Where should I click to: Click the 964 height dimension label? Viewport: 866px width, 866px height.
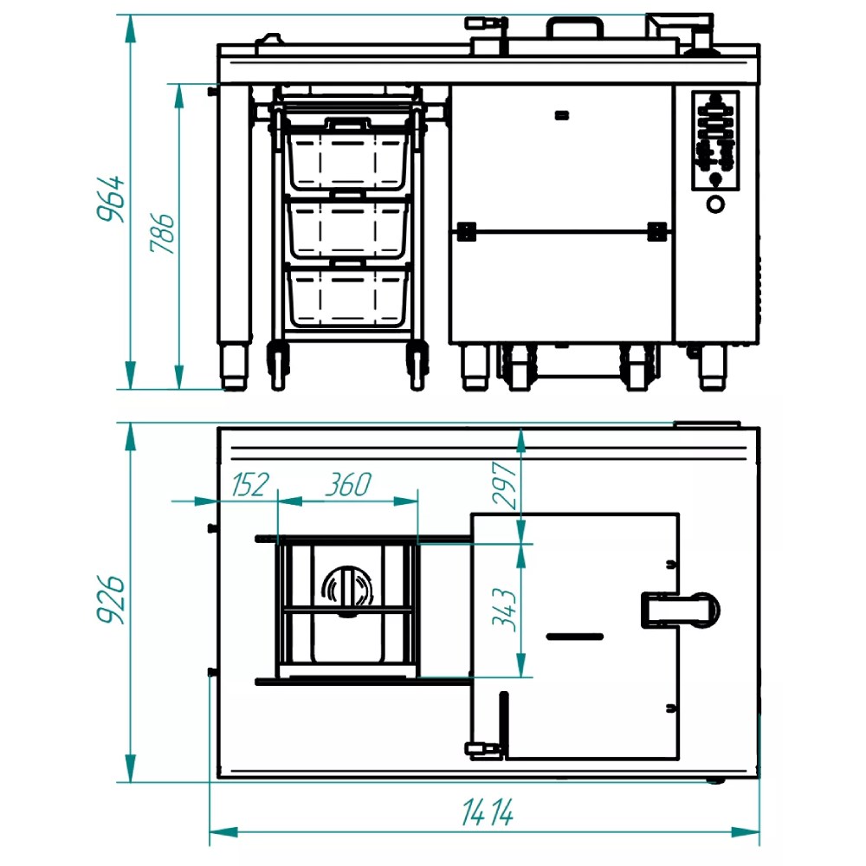click(111, 199)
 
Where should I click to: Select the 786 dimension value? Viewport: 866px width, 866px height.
click(162, 232)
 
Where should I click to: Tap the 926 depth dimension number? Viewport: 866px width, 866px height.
click(111, 599)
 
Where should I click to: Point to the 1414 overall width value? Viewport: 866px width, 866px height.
click(488, 812)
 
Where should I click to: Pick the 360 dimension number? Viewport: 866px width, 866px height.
click(348, 484)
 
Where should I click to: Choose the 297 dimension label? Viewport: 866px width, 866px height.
click(504, 484)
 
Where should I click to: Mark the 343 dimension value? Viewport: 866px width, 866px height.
click(504, 610)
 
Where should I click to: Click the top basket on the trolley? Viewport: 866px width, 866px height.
click(347, 155)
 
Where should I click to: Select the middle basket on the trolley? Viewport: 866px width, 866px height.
click(347, 225)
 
